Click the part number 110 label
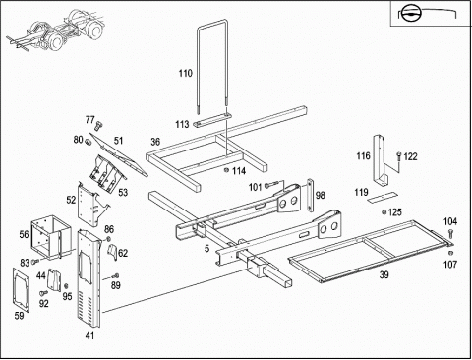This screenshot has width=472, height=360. coord(185,73)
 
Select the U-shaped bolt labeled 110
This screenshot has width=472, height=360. coord(199,66)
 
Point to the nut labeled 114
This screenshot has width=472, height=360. coord(226,170)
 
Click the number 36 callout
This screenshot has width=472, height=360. coord(155,142)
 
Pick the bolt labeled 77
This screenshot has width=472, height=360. coord(98,125)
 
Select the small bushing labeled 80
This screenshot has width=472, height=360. coord(88,143)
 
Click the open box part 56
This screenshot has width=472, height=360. coord(51,237)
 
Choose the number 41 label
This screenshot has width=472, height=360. coord(89,335)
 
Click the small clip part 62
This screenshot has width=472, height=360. coord(113,253)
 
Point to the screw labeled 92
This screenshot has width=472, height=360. coord(43,292)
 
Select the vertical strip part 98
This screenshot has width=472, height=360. coord(309,195)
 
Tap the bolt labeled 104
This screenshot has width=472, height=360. coord(450,235)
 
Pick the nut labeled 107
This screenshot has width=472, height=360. coord(450,253)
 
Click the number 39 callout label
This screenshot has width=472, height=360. coord(383,274)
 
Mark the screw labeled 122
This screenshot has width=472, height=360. coord(399,156)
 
